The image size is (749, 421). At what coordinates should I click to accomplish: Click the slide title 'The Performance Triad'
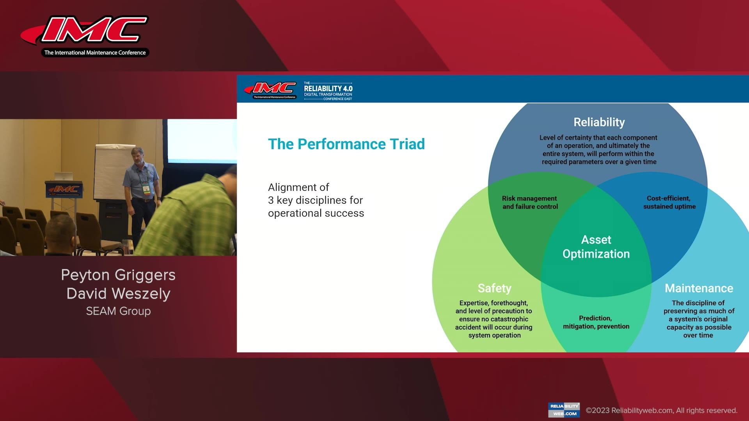pyautogui.click(x=346, y=144)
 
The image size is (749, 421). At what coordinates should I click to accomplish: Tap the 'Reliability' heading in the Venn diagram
pyautogui.click(x=599, y=122)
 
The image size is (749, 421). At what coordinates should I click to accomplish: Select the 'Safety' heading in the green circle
pyautogui.click(x=494, y=288)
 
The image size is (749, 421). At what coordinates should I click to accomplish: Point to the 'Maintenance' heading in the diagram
pyautogui.click(x=699, y=288)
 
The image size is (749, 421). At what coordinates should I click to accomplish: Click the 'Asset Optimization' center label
pyautogui.click(x=596, y=246)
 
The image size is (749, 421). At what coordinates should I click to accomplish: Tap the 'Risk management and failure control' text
pyautogui.click(x=530, y=202)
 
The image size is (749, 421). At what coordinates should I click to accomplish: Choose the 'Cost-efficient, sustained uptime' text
pyautogui.click(x=669, y=202)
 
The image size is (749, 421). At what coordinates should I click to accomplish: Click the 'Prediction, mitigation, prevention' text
pyautogui.click(x=596, y=322)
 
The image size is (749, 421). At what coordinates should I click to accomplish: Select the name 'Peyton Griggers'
pyautogui.click(x=118, y=275)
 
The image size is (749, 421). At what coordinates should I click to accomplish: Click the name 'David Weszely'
pyautogui.click(x=118, y=294)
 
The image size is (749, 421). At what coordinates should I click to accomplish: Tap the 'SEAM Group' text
pyautogui.click(x=118, y=311)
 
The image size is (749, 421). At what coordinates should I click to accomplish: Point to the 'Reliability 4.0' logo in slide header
pyautogui.click(x=328, y=90)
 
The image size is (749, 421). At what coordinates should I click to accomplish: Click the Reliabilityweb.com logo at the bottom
pyautogui.click(x=564, y=410)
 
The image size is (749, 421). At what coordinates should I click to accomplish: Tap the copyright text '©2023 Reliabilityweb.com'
pyautogui.click(x=661, y=410)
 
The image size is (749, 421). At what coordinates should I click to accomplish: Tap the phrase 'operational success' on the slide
pyautogui.click(x=316, y=213)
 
